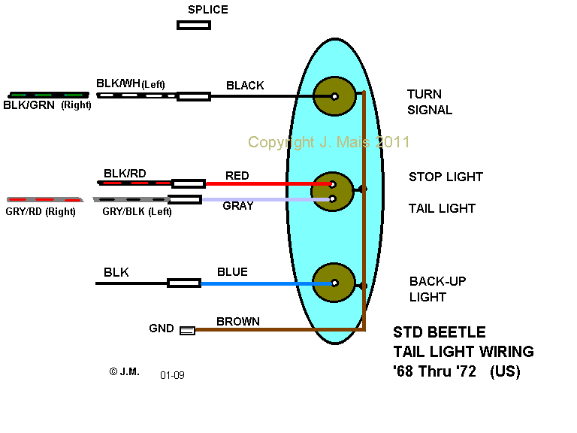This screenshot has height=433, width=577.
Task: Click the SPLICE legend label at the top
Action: [208, 10]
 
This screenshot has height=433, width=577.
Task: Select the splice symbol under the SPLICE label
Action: [193, 25]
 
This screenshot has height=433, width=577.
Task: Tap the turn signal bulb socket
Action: [334, 96]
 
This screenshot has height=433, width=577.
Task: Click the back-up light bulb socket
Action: [334, 283]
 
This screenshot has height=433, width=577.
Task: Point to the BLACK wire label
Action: [245, 86]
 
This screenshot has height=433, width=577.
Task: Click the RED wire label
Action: [237, 176]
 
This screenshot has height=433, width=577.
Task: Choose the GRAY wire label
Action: [237, 205]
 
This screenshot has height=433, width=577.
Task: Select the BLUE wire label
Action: [232, 272]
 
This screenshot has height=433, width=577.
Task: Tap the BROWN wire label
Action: [238, 322]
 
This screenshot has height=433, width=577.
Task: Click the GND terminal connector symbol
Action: [187, 330]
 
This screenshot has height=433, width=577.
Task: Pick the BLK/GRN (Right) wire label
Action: [47, 106]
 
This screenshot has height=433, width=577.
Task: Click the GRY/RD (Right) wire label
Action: [41, 212]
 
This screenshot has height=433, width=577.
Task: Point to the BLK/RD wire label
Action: [125, 174]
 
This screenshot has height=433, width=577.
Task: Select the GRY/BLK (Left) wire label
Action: [137, 212]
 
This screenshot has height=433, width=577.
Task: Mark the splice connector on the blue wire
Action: [183, 283]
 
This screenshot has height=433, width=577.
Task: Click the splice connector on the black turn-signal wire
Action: [193, 96]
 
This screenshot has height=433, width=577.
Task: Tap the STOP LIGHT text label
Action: [446, 177]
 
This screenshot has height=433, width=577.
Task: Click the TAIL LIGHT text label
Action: [442, 208]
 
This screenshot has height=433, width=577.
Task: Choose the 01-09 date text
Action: [172, 374]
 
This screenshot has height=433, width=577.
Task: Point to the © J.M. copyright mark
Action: [124, 371]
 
